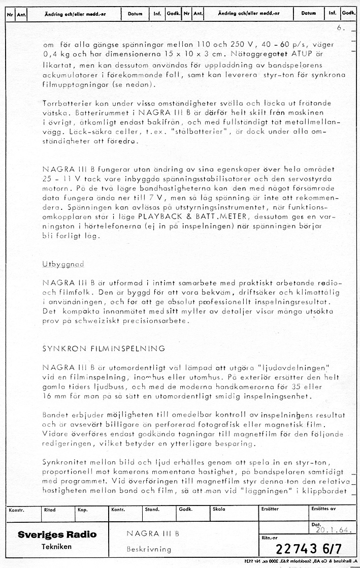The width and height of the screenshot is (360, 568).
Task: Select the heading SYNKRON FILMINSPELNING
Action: point(104,349)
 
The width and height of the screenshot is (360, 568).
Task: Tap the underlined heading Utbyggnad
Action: point(63,264)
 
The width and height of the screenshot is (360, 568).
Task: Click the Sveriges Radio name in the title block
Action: point(57,534)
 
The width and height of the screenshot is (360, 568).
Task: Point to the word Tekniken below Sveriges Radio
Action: point(56,547)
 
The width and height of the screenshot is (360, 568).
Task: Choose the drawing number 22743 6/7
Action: point(307,549)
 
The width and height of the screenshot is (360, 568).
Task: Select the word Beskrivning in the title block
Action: point(149,549)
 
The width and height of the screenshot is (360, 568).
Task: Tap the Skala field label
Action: point(219,509)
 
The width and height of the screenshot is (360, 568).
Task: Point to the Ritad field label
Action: point(50,509)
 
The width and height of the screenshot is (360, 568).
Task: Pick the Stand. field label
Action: point(152,509)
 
